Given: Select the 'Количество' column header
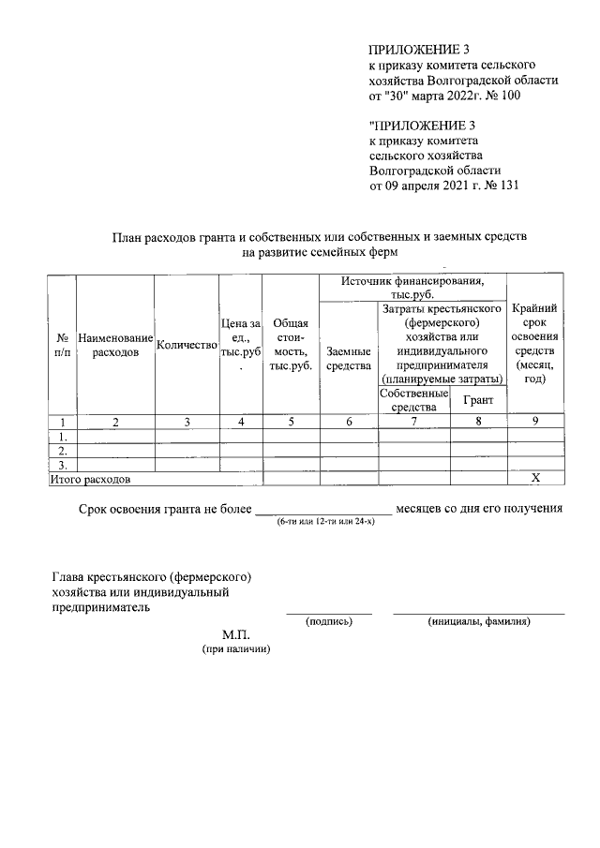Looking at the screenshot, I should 187,345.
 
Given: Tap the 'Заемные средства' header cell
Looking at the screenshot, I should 348,358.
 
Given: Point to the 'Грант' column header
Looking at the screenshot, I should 478,400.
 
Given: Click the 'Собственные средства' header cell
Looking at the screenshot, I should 413,400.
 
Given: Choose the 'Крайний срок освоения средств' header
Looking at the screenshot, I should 535,344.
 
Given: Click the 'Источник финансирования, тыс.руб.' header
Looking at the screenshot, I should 412,287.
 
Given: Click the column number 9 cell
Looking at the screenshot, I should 535,422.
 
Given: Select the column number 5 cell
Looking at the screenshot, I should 291,422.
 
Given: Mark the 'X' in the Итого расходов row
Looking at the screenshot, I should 535,478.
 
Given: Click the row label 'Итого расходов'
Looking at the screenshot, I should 90,479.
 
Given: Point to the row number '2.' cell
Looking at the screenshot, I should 62,450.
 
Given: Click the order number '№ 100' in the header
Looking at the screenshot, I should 501,95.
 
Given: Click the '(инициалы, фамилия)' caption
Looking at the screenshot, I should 479,621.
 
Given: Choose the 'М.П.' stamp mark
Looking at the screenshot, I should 235,634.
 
